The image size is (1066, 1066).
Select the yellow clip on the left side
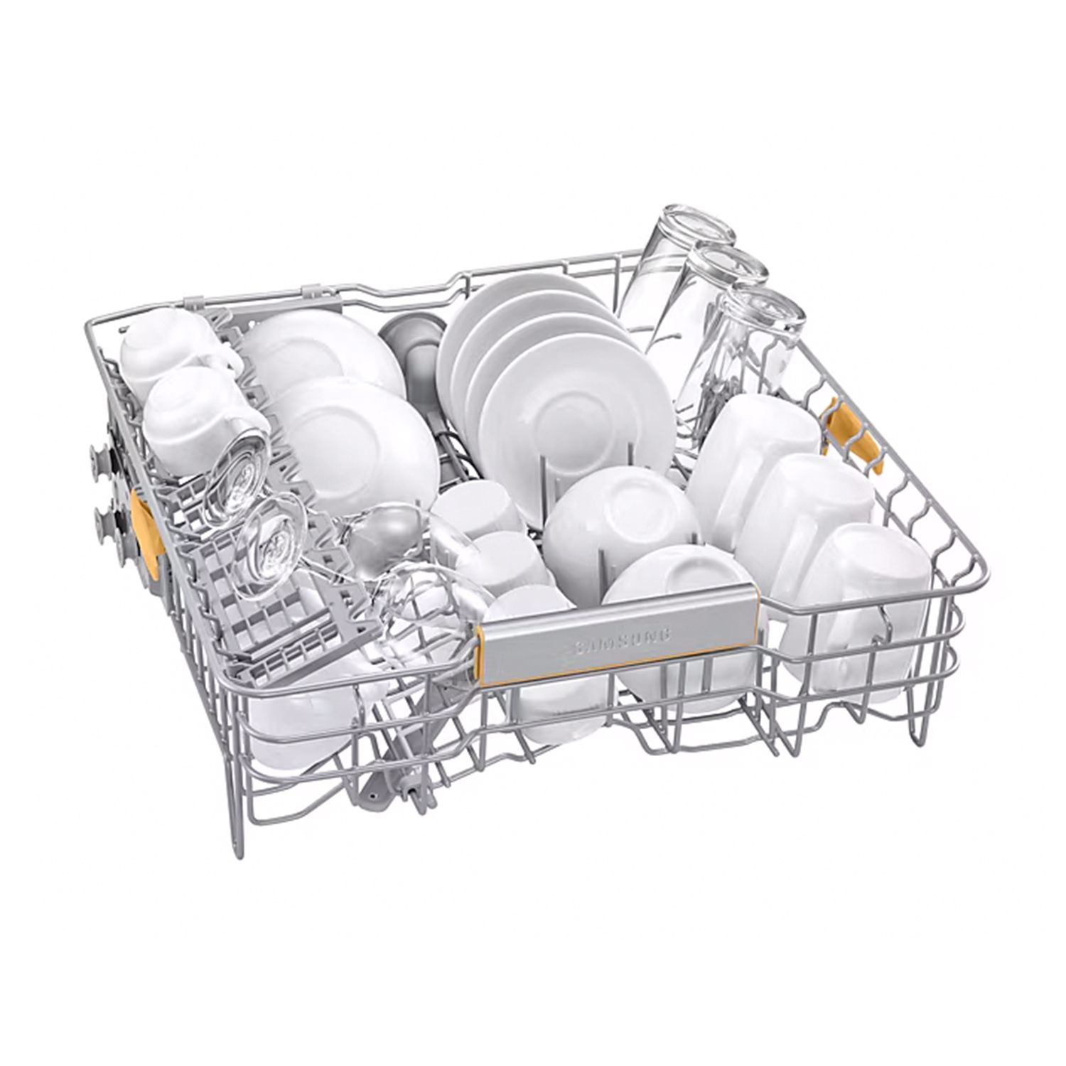tap(147, 522)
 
